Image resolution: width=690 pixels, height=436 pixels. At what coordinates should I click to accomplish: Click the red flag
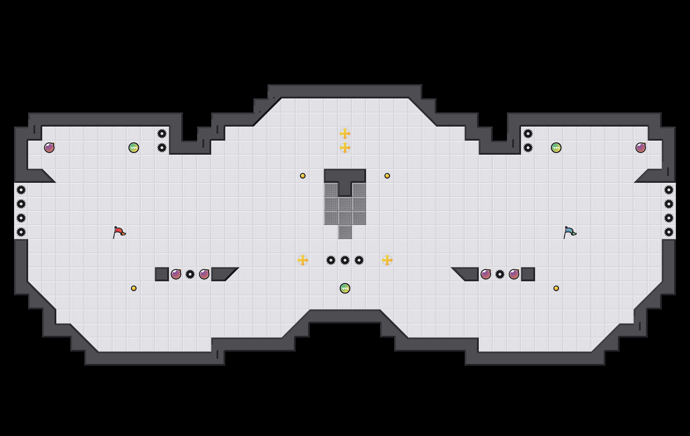click(x=119, y=232)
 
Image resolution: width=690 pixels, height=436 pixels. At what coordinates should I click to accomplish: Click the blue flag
click(x=570, y=232)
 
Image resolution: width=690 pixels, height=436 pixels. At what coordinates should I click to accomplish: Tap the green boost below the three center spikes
click(x=345, y=288)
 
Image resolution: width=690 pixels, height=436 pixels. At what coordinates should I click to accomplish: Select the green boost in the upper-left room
click(x=134, y=148)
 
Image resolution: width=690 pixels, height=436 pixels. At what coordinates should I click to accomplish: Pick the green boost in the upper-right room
click(x=556, y=148)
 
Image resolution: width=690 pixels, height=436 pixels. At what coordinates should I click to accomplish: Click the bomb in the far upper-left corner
click(x=49, y=148)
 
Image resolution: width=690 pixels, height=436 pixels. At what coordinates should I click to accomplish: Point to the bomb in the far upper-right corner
click(x=641, y=148)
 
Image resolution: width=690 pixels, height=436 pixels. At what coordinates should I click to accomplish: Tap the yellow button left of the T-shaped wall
click(x=303, y=176)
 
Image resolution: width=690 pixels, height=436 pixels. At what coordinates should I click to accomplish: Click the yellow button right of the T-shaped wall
click(x=387, y=176)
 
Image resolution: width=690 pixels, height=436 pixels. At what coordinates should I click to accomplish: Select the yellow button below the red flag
click(x=134, y=288)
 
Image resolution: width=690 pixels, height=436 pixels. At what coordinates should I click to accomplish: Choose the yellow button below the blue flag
click(x=556, y=288)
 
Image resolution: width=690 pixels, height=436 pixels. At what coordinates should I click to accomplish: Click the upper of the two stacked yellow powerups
click(x=345, y=134)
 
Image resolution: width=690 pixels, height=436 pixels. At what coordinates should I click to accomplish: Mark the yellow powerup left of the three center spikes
click(x=303, y=260)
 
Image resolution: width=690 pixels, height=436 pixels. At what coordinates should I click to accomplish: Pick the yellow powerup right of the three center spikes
click(x=387, y=260)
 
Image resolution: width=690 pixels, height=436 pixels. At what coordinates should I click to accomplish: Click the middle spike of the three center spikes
click(x=345, y=260)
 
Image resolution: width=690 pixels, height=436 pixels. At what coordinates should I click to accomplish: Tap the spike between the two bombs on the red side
click(x=190, y=274)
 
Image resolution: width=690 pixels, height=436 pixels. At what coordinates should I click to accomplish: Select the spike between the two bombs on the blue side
click(x=500, y=274)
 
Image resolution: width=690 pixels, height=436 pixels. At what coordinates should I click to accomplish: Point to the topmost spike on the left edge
click(x=21, y=190)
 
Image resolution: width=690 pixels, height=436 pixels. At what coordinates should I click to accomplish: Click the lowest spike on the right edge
click(x=669, y=232)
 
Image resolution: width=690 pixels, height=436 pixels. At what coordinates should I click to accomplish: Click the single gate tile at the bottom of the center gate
click(x=345, y=232)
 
